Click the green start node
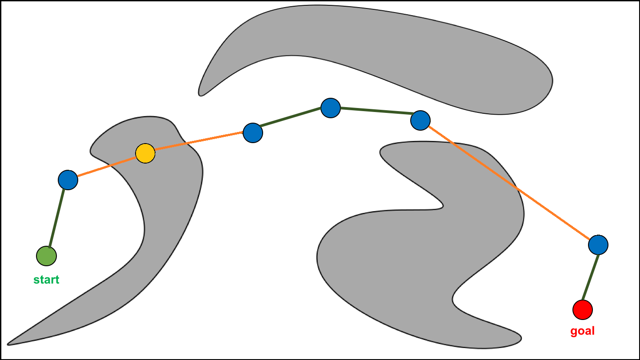pyautogui.click(x=46, y=256)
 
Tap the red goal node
pyautogui.click(x=582, y=309)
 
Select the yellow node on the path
pyautogui.click(x=145, y=153)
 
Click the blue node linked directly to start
pyautogui.click(x=68, y=180)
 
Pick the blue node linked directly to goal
pyautogui.click(x=598, y=244)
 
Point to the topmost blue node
pyautogui.click(x=331, y=108)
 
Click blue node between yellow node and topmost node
pyautogui.click(x=253, y=133)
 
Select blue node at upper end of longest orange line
pyautogui.click(x=420, y=120)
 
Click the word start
pyautogui.click(x=46, y=280)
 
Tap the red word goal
pyautogui.click(x=582, y=331)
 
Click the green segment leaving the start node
pyautogui.click(x=57, y=217)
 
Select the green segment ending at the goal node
pyautogui.click(x=590, y=277)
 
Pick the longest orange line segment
pyautogui.click(x=509, y=182)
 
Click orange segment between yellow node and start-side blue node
pyautogui.click(x=107, y=167)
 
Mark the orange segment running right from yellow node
pyautogui.click(x=199, y=143)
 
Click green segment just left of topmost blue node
pyautogui.click(x=292, y=120)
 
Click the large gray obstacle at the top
pyautogui.click(x=378, y=49)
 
